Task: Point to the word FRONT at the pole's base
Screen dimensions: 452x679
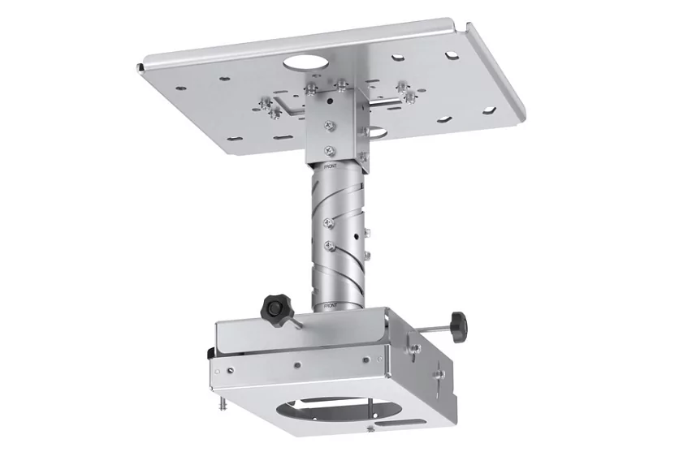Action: (331, 305)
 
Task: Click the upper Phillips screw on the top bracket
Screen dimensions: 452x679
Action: (328, 125)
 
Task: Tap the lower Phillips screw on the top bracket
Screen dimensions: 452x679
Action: (328, 149)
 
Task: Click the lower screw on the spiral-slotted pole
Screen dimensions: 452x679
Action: (328, 243)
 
